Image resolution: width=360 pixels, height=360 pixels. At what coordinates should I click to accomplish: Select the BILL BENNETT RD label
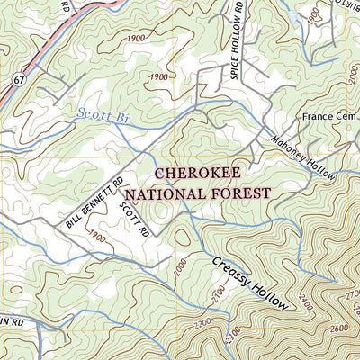tap(93, 202)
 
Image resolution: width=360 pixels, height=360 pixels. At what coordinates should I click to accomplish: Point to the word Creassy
tap(231, 274)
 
